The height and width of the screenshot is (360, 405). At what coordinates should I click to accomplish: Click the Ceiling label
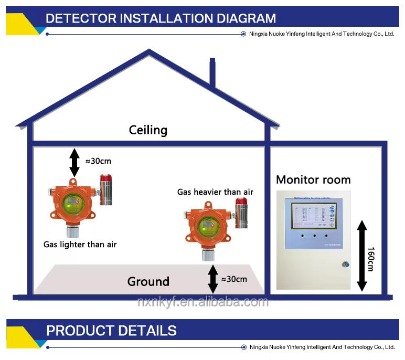(x=148, y=130)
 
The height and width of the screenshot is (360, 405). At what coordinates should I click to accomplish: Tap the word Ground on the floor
(x=148, y=282)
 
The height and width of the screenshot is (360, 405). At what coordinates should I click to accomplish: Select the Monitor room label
(x=313, y=180)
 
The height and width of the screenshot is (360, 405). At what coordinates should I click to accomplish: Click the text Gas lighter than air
(x=80, y=245)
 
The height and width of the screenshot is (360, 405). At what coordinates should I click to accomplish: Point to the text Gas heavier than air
(x=215, y=192)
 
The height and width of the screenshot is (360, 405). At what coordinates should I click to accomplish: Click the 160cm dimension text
(x=370, y=259)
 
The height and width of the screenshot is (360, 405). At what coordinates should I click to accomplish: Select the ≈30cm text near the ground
(x=234, y=279)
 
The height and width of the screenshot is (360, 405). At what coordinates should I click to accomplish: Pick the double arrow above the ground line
(x=212, y=279)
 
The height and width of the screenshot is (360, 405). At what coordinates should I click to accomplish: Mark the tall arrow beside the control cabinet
(x=361, y=256)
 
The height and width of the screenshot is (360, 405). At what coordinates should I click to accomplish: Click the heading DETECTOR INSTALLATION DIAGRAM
(x=161, y=18)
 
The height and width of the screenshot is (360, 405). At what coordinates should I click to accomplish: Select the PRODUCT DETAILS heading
(x=111, y=331)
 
